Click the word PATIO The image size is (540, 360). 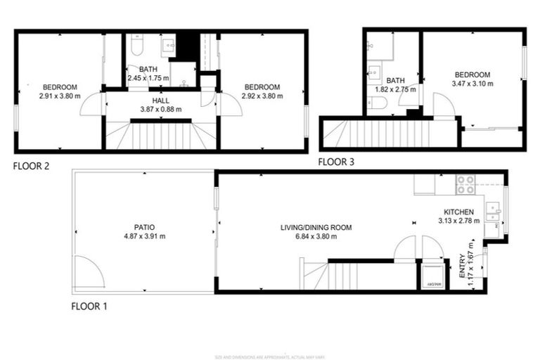[144, 227]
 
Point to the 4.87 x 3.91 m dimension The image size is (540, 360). [144, 236]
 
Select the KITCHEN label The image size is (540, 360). [458, 212]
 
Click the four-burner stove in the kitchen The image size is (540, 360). [465, 185]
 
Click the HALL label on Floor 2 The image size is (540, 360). [161, 101]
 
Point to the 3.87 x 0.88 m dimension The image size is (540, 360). [161, 109]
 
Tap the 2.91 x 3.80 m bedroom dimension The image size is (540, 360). [60, 96]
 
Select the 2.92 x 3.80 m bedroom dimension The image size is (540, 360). [262, 96]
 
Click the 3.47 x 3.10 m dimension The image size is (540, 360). [472, 84]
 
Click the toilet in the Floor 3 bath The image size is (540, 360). [378, 104]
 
